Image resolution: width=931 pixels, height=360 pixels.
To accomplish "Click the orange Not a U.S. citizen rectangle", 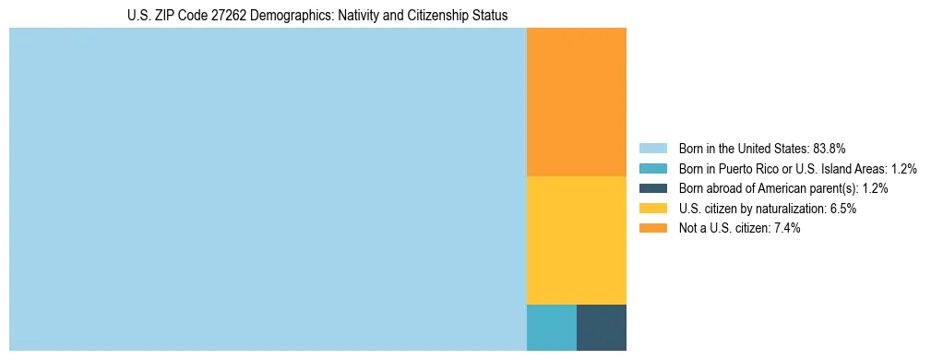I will point(576,102).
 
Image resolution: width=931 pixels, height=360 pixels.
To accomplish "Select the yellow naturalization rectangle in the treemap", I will point(576,239).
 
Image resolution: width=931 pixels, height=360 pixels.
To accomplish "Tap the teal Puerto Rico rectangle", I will point(551,327).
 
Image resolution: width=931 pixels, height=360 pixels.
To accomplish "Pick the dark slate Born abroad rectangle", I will point(601,327).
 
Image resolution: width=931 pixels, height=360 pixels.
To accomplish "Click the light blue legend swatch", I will point(652,148).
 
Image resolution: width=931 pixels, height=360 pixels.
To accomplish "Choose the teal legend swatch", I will point(652,168).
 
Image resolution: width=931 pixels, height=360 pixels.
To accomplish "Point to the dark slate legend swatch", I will point(652,188).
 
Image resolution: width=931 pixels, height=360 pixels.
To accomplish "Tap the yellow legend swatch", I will point(652,209).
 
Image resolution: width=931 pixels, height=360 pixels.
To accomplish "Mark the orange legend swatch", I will point(652,228).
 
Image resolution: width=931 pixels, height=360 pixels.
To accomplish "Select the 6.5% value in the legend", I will point(841,209).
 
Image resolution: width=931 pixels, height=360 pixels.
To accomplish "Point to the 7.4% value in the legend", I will point(784,228).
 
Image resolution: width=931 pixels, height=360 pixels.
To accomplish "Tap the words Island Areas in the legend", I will point(855,168).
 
